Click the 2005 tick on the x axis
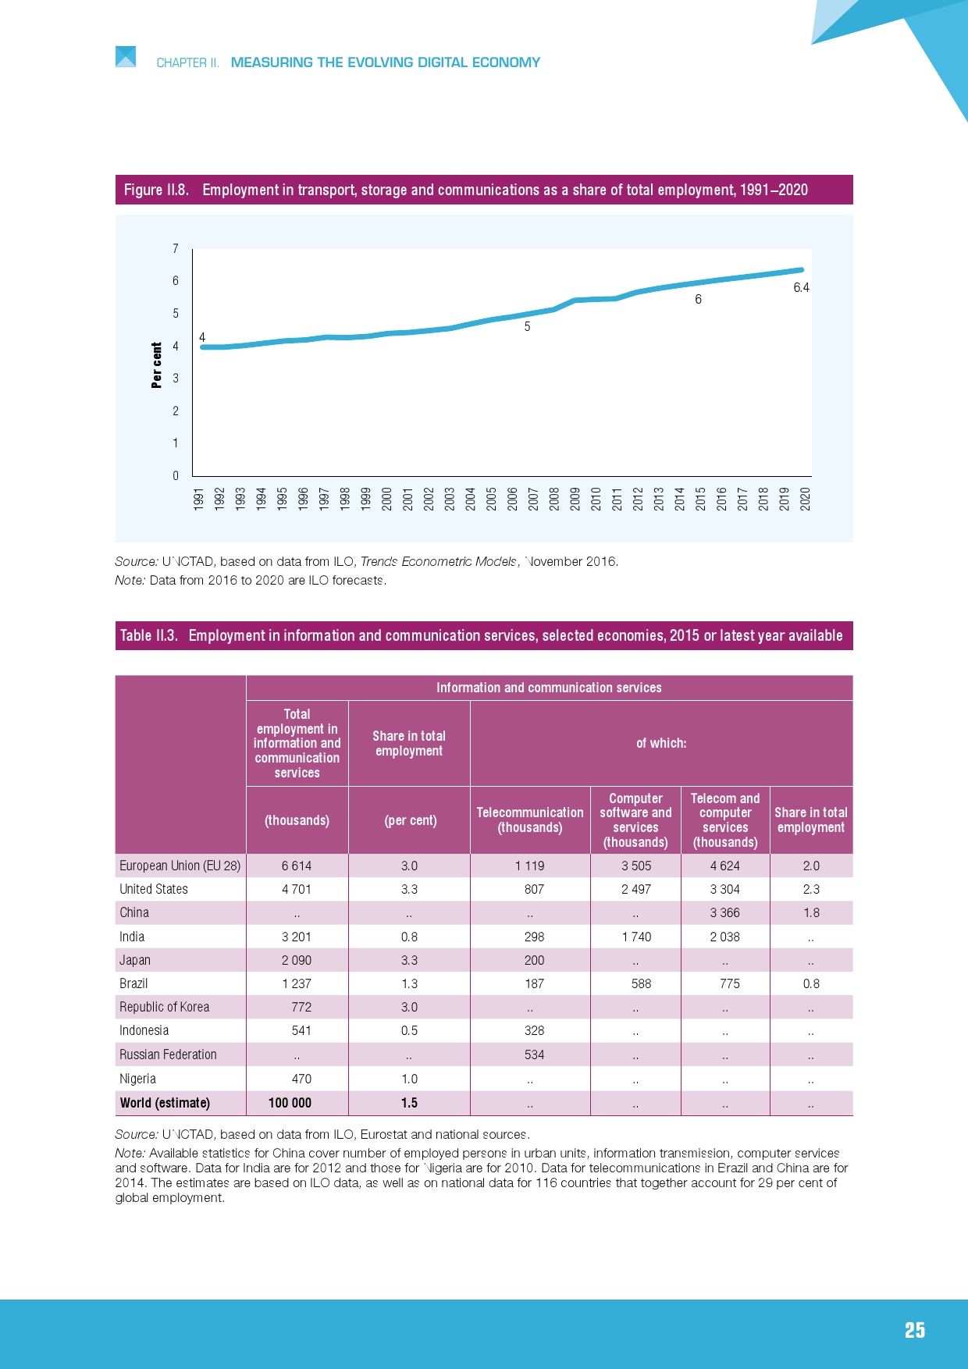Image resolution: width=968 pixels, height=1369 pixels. tap(492, 499)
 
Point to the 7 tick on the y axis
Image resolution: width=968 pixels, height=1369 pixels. tap(176, 249)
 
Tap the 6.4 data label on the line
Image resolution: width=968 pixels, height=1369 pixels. tap(801, 288)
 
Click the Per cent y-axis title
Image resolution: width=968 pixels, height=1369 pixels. tap(157, 364)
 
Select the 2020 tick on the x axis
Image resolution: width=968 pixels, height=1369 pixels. tap(806, 499)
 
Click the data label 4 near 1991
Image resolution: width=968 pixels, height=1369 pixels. tap(202, 337)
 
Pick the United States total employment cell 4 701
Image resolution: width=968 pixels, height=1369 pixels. tap(297, 889)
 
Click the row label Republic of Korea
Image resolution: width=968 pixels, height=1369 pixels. tap(164, 1007)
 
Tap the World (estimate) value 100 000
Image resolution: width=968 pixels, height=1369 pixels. tap(290, 1103)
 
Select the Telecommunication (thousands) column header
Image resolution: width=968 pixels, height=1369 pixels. tap(530, 820)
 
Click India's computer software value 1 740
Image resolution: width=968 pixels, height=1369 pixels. tap(636, 937)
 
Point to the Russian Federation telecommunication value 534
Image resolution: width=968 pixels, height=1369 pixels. tap(534, 1054)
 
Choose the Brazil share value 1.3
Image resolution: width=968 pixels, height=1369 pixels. tap(409, 983)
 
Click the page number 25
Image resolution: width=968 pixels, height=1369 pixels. tap(914, 1331)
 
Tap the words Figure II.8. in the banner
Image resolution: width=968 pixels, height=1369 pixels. tap(156, 190)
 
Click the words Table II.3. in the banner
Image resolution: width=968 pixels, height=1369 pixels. tap(149, 635)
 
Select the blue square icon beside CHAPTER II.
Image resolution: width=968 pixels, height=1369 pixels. tap(126, 56)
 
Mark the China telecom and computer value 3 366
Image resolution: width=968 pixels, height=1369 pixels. tap(724, 912)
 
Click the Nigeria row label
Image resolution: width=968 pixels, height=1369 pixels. tap(137, 1079)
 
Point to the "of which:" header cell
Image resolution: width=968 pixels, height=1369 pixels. tap(661, 743)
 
